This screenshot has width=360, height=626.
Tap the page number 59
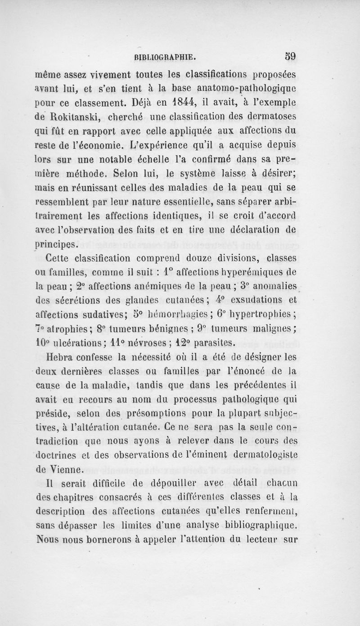285,57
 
